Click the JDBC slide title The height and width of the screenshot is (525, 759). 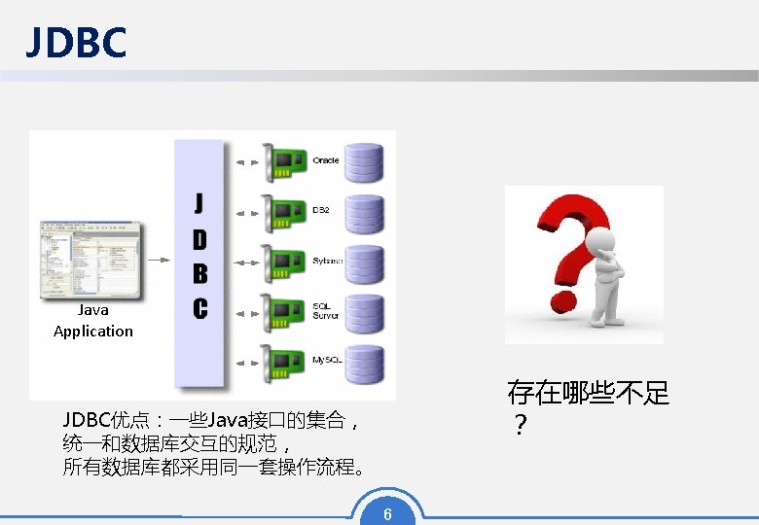pyautogui.click(x=76, y=42)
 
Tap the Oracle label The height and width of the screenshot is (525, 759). pyautogui.click(x=326, y=160)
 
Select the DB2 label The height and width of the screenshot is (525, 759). pyautogui.click(x=321, y=210)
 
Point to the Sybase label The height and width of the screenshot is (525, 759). pyautogui.click(x=327, y=261)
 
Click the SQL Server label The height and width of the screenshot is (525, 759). pyautogui.click(x=326, y=311)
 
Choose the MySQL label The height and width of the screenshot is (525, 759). pyautogui.click(x=327, y=361)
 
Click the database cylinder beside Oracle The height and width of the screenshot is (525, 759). pyautogui.click(x=365, y=162)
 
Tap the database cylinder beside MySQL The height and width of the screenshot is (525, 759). pyautogui.click(x=365, y=364)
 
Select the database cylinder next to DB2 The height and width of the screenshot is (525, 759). pyautogui.click(x=365, y=213)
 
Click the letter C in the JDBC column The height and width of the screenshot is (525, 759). pyautogui.click(x=199, y=308)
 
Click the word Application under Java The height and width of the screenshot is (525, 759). pyautogui.click(x=93, y=332)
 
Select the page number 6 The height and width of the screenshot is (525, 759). pyautogui.click(x=387, y=513)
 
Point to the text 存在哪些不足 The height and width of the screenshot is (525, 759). pyautogui.click(x=588, y=393)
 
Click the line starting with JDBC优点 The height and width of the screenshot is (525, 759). pyautogui.click(x=211, y=421)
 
